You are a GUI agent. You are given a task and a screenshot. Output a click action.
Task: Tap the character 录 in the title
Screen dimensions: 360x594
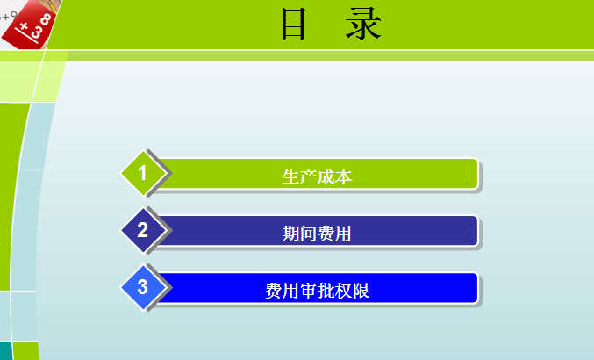(363, 25)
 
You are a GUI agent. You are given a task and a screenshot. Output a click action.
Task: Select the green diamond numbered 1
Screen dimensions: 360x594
(143, 172)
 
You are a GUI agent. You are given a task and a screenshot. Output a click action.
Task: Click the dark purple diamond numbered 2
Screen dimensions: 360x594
(143, 231)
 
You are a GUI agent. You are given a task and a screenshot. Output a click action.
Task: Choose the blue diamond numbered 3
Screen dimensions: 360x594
(143, 287)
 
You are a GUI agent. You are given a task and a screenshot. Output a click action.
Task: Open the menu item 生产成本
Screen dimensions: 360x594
(317, 176)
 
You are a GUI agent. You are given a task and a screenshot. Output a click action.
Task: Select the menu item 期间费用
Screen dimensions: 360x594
(317, 233)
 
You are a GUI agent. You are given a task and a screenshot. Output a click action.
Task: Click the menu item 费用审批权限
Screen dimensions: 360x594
(317, 291)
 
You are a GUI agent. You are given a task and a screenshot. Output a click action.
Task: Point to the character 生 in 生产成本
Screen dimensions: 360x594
(290, 176)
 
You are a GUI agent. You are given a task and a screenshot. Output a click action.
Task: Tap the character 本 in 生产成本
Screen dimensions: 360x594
(343, 176)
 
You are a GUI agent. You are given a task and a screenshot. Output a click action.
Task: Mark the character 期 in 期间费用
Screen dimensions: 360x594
(290, 234)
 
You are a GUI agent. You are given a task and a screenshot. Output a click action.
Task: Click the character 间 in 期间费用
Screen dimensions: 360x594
(308, 234)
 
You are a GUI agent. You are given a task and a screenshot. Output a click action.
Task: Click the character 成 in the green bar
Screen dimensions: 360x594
(326, 176)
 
